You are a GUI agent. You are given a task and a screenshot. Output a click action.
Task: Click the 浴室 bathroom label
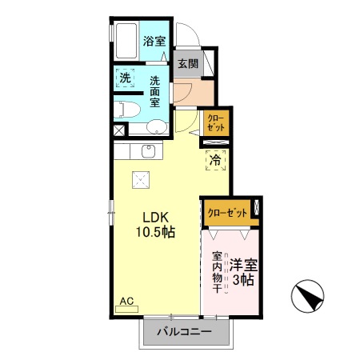point(154,41)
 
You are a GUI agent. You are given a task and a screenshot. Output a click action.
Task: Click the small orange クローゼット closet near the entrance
point(217,123)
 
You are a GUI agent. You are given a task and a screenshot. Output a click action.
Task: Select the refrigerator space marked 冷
point(215,159)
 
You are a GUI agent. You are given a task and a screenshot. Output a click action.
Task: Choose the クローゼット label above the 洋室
point(226,212)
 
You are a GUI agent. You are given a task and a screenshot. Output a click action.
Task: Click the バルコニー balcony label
point(183,331)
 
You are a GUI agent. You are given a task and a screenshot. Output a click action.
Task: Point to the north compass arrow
point(310,298)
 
